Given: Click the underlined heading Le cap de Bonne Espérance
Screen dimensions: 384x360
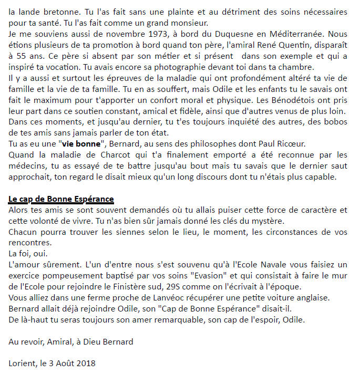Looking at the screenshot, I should click(x=61, y=200).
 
